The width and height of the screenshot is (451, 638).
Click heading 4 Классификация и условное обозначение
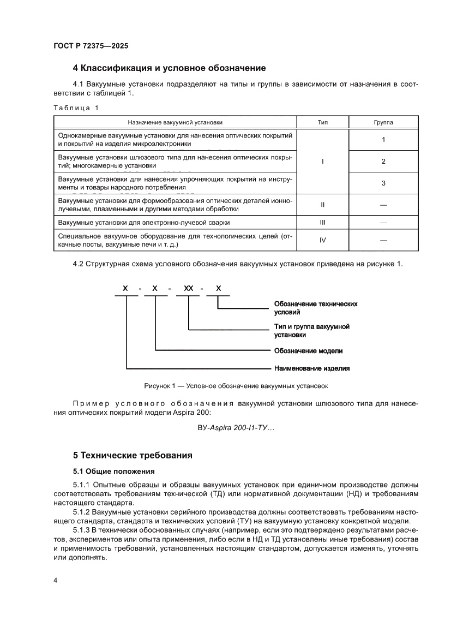(169, 68)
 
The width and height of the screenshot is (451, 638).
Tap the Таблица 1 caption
(76, 108)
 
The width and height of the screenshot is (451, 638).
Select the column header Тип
(322, 123)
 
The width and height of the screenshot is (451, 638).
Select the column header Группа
(383, 123)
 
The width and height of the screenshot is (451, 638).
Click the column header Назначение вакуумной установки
(175, 123)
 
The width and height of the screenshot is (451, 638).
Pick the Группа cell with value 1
(383, 140)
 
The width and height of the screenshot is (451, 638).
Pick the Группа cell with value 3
(383, 183)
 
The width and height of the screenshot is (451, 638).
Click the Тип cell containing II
(322, 205)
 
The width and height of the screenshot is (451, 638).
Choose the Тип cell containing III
(322, 223)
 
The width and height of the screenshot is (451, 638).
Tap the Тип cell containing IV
(322, 240)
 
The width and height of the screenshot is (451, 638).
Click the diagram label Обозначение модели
(308, 350)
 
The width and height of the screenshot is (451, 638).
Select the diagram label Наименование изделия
(311, 368)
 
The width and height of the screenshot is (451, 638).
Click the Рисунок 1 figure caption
(236, 386)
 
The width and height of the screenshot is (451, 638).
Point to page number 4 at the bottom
(56, 580)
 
